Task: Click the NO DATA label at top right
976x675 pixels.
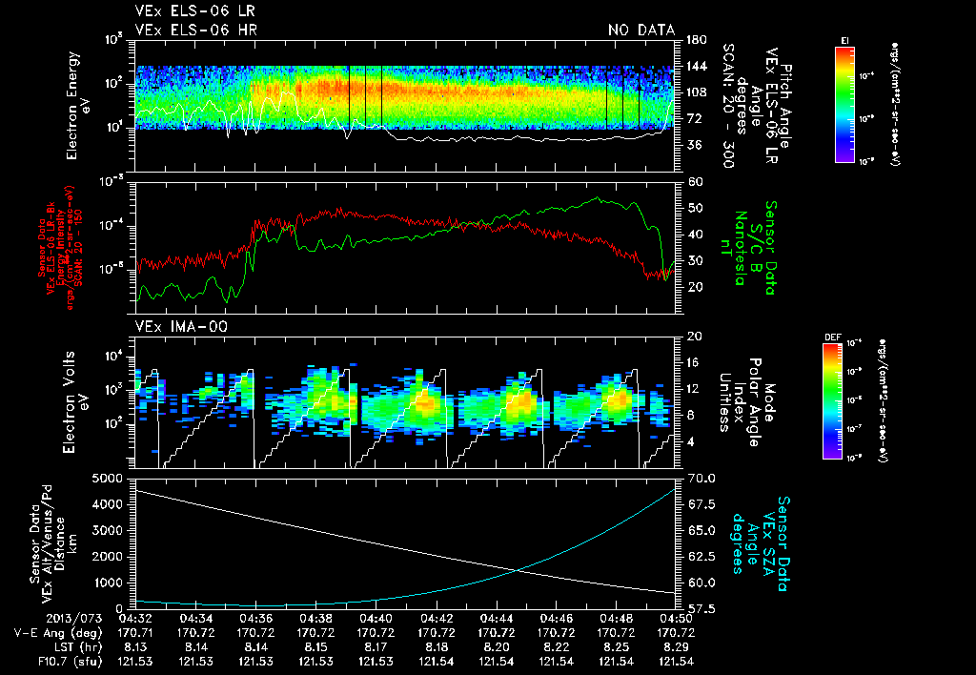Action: (x=641, y=31)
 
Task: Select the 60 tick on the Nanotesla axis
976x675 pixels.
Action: (x=691, y=181)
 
